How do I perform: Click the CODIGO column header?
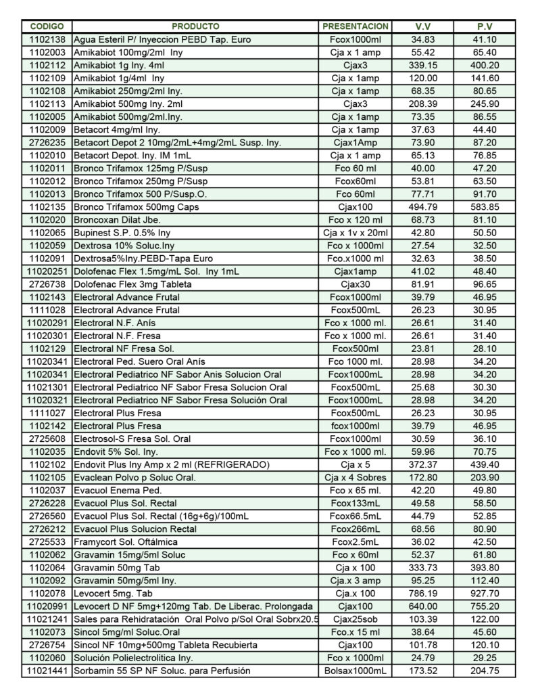[47, 26]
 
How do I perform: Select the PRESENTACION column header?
[356, 26]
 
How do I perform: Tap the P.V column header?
[484, 26]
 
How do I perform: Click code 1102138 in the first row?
[47, 40]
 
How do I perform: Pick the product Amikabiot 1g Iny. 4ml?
[121, 65]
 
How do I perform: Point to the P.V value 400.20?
[484, 65]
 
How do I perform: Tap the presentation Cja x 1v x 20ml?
[356, 231]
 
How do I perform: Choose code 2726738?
[47, 284]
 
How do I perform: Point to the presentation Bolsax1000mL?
[356, 670]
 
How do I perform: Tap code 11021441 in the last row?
[47, 670]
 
